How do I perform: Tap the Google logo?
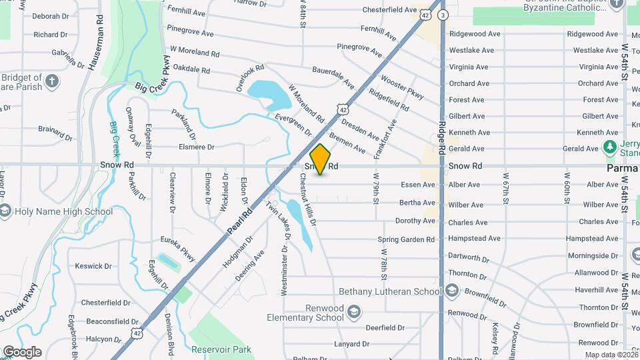(x=22, y=351)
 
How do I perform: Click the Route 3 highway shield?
(x=444, y=14)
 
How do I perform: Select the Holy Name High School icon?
(x=5, y=212)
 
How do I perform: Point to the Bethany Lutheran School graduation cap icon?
(x=452, y=291)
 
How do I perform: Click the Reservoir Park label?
(x=221, y=349)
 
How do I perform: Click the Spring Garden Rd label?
(x=406, y=239)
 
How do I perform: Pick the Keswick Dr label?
(x=93, y=266)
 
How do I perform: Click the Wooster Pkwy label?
(x=402, y=87)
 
